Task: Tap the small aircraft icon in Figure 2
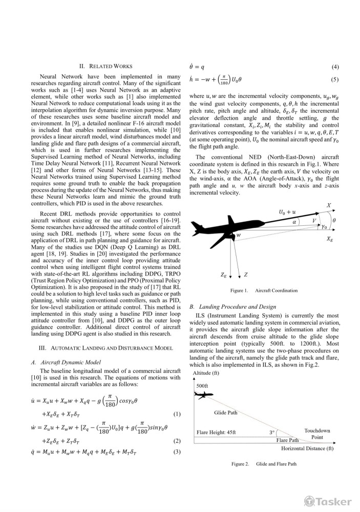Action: (x=204, y=395)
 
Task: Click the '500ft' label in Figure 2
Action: (x=202, y=385)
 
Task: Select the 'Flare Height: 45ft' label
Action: (x=216, y=432)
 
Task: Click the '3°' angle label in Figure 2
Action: (x=272, y=432)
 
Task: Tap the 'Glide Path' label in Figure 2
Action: (x=226, y=412)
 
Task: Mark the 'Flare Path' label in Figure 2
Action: (x=287, y=440)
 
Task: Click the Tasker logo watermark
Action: (x=328, y=501)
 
